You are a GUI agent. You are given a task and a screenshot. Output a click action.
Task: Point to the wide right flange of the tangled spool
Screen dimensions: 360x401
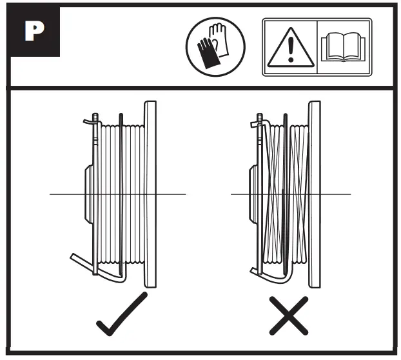(x=315, y=194)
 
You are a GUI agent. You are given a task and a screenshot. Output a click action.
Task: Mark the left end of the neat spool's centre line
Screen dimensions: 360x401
(x=51, y=194)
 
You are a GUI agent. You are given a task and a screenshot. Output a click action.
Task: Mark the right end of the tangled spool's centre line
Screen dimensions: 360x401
(x=349, y=194)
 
